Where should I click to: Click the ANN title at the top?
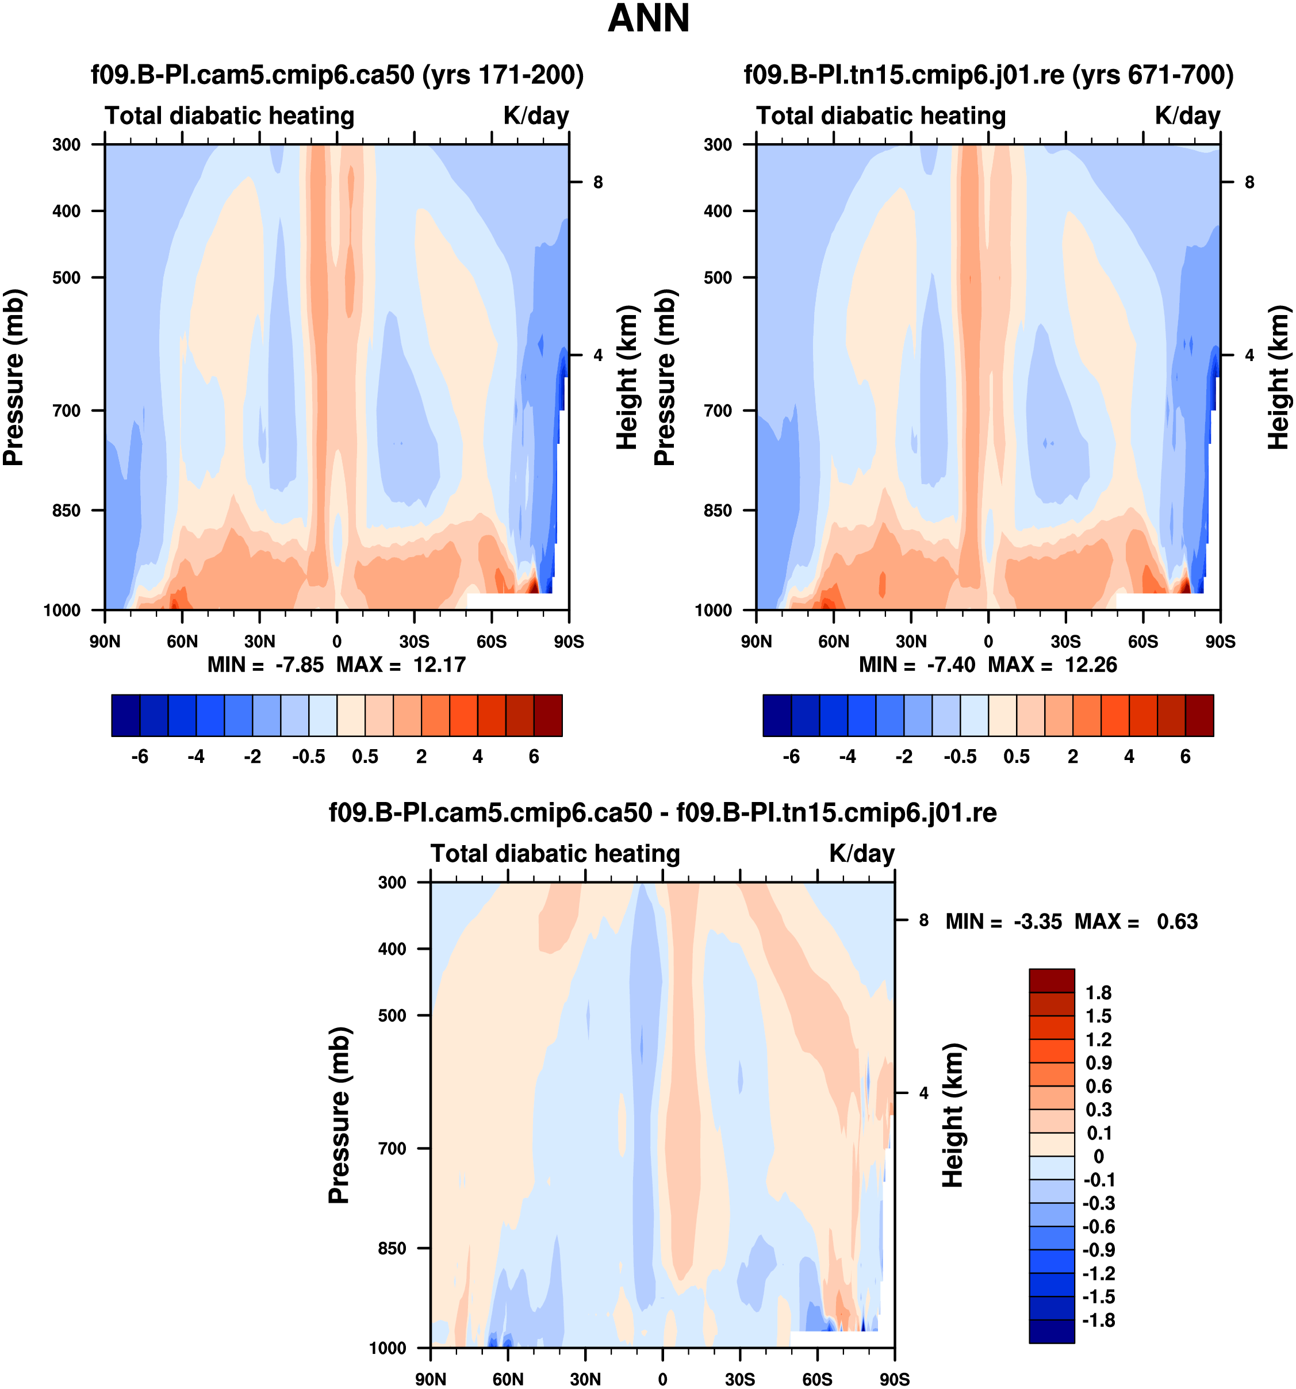tap(649, 19)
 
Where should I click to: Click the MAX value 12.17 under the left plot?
tap(439, 665)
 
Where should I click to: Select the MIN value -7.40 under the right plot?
tap(950, 665)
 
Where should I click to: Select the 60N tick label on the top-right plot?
tap(834, 642)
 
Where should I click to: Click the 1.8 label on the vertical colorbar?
tap(1098, 993)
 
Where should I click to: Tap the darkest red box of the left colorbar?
tap(548, 715)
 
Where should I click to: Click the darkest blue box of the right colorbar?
tap(777, 715)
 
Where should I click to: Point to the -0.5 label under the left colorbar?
tap(309, 757)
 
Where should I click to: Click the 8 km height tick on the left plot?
tap(598, 182)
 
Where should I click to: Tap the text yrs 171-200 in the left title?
tap(503, 75)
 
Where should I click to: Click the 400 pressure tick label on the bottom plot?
tap(392, 949)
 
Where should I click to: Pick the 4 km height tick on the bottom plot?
tap(923, 1093)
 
